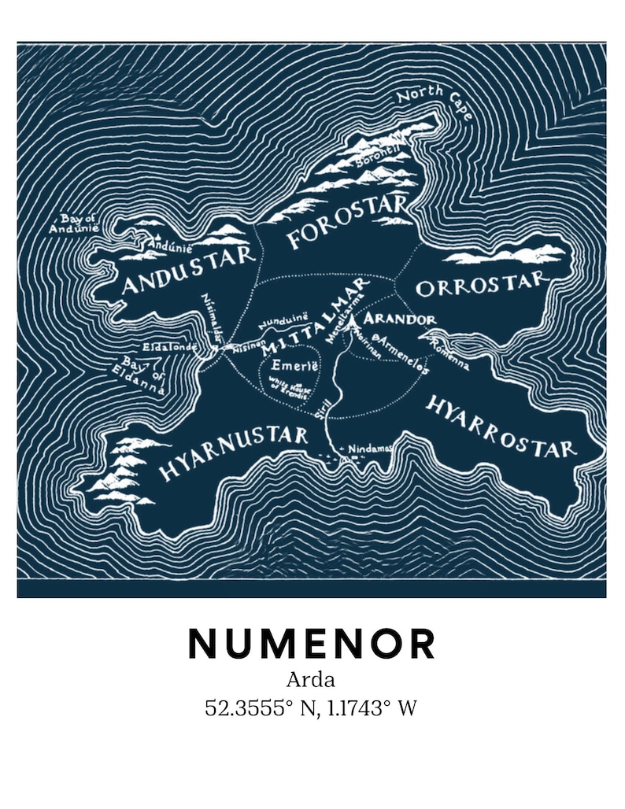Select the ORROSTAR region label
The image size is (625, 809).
480,285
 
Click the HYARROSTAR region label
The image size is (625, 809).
501,425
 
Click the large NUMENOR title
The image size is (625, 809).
312,644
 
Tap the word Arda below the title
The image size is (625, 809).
311,680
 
